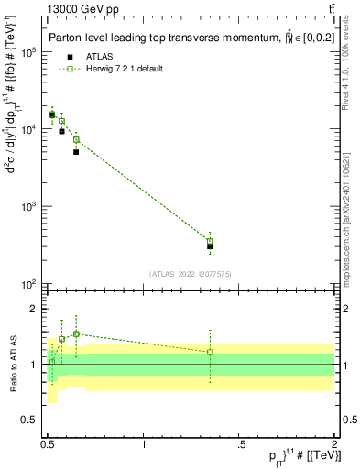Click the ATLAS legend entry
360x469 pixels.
coord(86,56)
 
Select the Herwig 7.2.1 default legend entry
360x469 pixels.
coord(112,69)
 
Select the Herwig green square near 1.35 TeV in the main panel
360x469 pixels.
coord(210,241)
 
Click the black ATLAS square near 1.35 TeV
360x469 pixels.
coord(210,246)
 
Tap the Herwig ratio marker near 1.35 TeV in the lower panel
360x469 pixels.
coord(210,352)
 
